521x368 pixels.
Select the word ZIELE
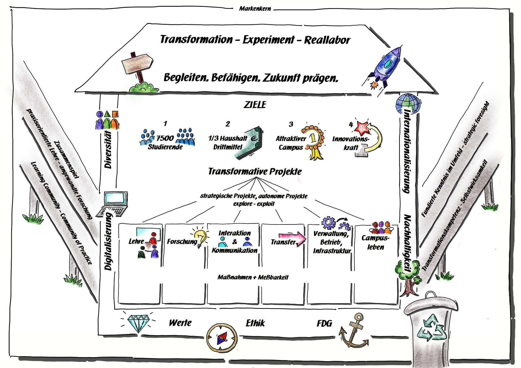pyautogui.click(x=255, y=105)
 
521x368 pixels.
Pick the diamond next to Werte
pyautogui.click(x=138, y=323)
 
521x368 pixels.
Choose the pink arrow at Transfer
pyautogui.click(x=293, y=238)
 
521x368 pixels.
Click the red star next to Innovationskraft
pyautogui.click(x=362, y=127)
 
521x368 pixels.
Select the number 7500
pyautogui.click(x=165, y=138)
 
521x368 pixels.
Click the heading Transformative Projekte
pyautogui.click(x=255, y=171)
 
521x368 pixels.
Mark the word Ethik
pyautogui.click(x=255, y=323)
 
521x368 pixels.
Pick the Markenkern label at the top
pyautogui.click(x=255, y=9)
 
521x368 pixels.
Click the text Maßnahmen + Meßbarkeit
pyautogui.click(x=253, y=277)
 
